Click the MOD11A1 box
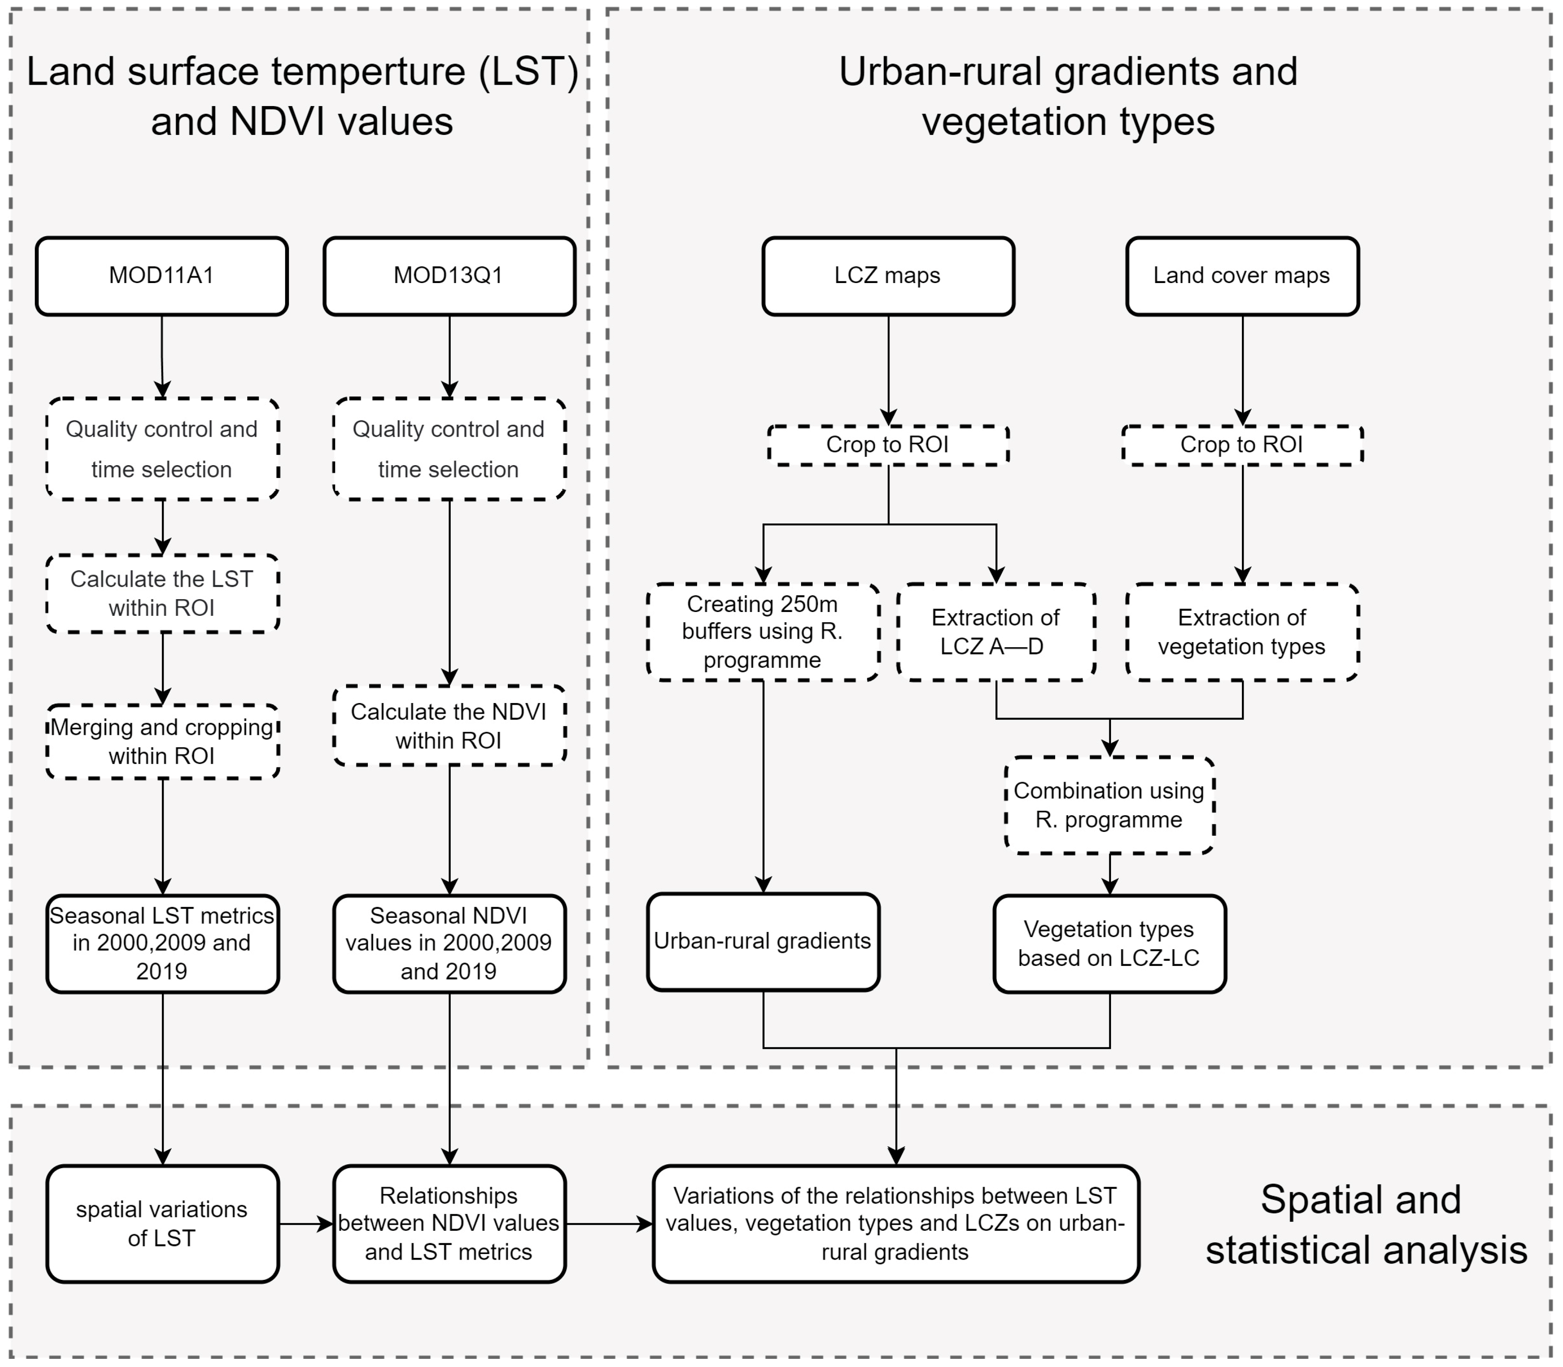[x=162, y=275]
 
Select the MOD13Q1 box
[x=449, y=275]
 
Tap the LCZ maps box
[x=888, y=275]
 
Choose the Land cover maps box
[x=1242, y=275]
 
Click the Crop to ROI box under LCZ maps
[x=888, y=445]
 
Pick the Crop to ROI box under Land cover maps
[x=1242, y=445]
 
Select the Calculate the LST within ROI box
[x=162, y=594]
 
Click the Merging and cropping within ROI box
[x=162, y=741]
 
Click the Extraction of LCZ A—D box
[x=996, y=632]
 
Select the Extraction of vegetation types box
[x=1242, y=632]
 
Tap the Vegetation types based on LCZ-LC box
[x=1109, y=944]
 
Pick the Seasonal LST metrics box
[x=162, y=944]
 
